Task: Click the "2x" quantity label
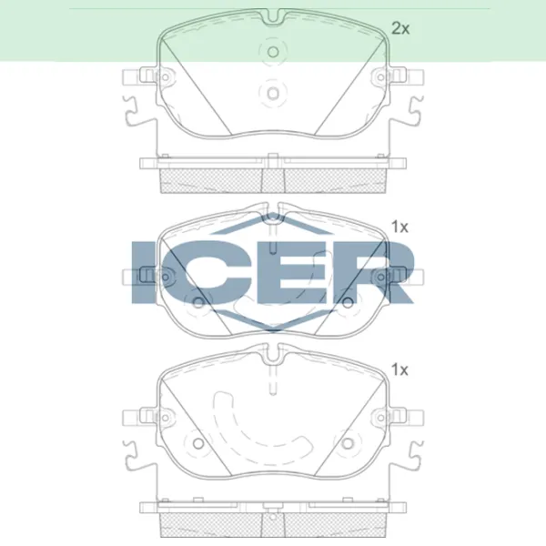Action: coord(400,28)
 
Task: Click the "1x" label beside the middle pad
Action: coord(399,227)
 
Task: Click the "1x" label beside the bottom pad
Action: coord(399,369)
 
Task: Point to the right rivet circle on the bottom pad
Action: coord(348,446)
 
